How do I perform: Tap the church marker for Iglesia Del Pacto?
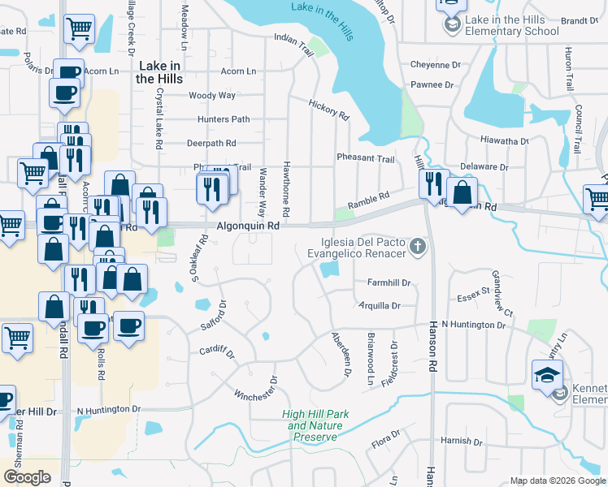point(418,246)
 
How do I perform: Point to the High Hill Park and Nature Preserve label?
point(315,425)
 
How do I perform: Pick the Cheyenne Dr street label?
point(435,65)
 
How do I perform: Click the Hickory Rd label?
point(328,110)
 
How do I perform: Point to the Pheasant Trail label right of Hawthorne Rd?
point(365,158)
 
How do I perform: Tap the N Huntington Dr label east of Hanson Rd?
point(484,325)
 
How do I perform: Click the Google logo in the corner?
point(27,477)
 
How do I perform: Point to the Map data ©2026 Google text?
point(557,481)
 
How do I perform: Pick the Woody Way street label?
point(211,95)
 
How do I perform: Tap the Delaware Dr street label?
point(484,166)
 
